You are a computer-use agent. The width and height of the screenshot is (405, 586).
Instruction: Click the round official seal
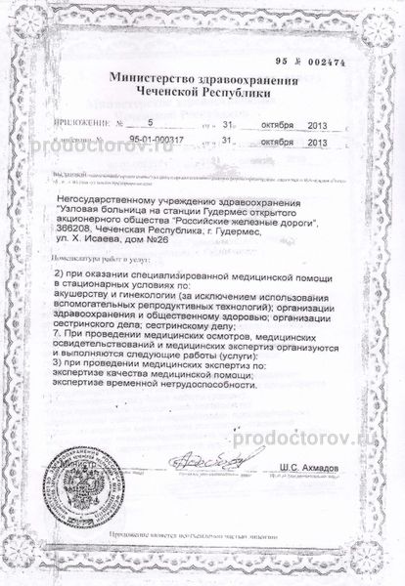pyautogui.click(x=88, y=484)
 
